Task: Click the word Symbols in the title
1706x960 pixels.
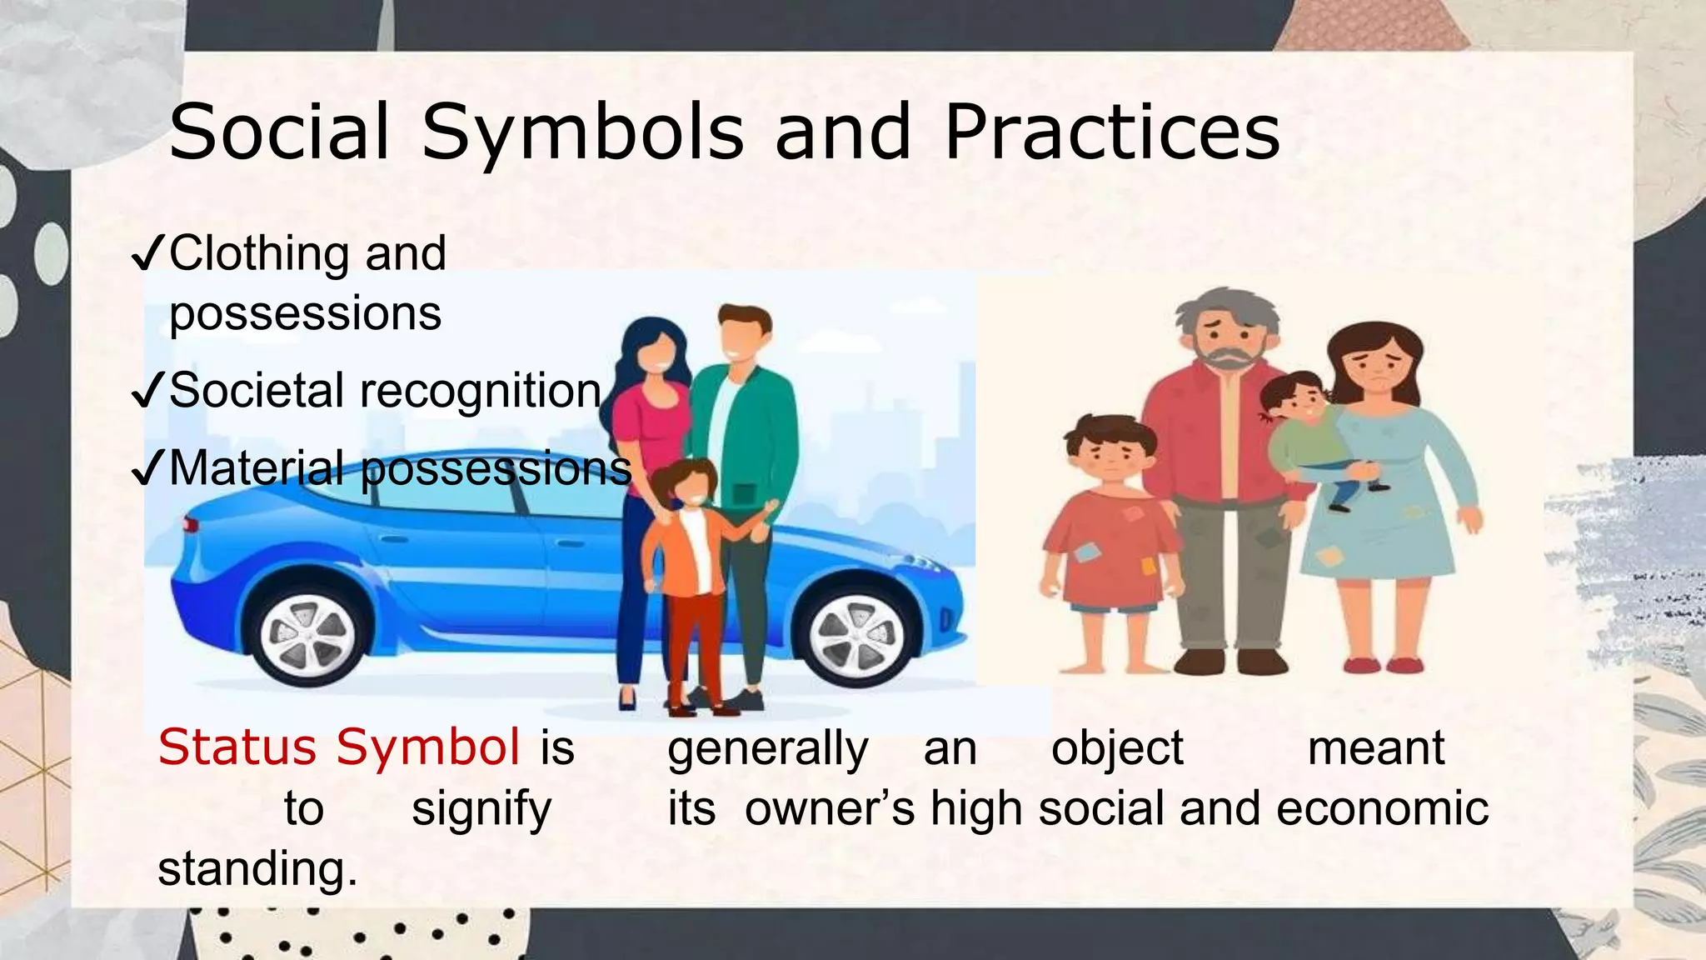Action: pyautogui.click(x=582, y=133)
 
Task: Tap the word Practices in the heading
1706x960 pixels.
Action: pyautogui.click(x=1112, y=133)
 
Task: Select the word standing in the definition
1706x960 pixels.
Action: pyautogui.click(x=257, y=868)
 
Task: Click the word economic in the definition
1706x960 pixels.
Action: pyautogui.click(x=1382, y=808)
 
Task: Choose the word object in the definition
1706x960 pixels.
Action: pyautogui.click(x=1117, y=748)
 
